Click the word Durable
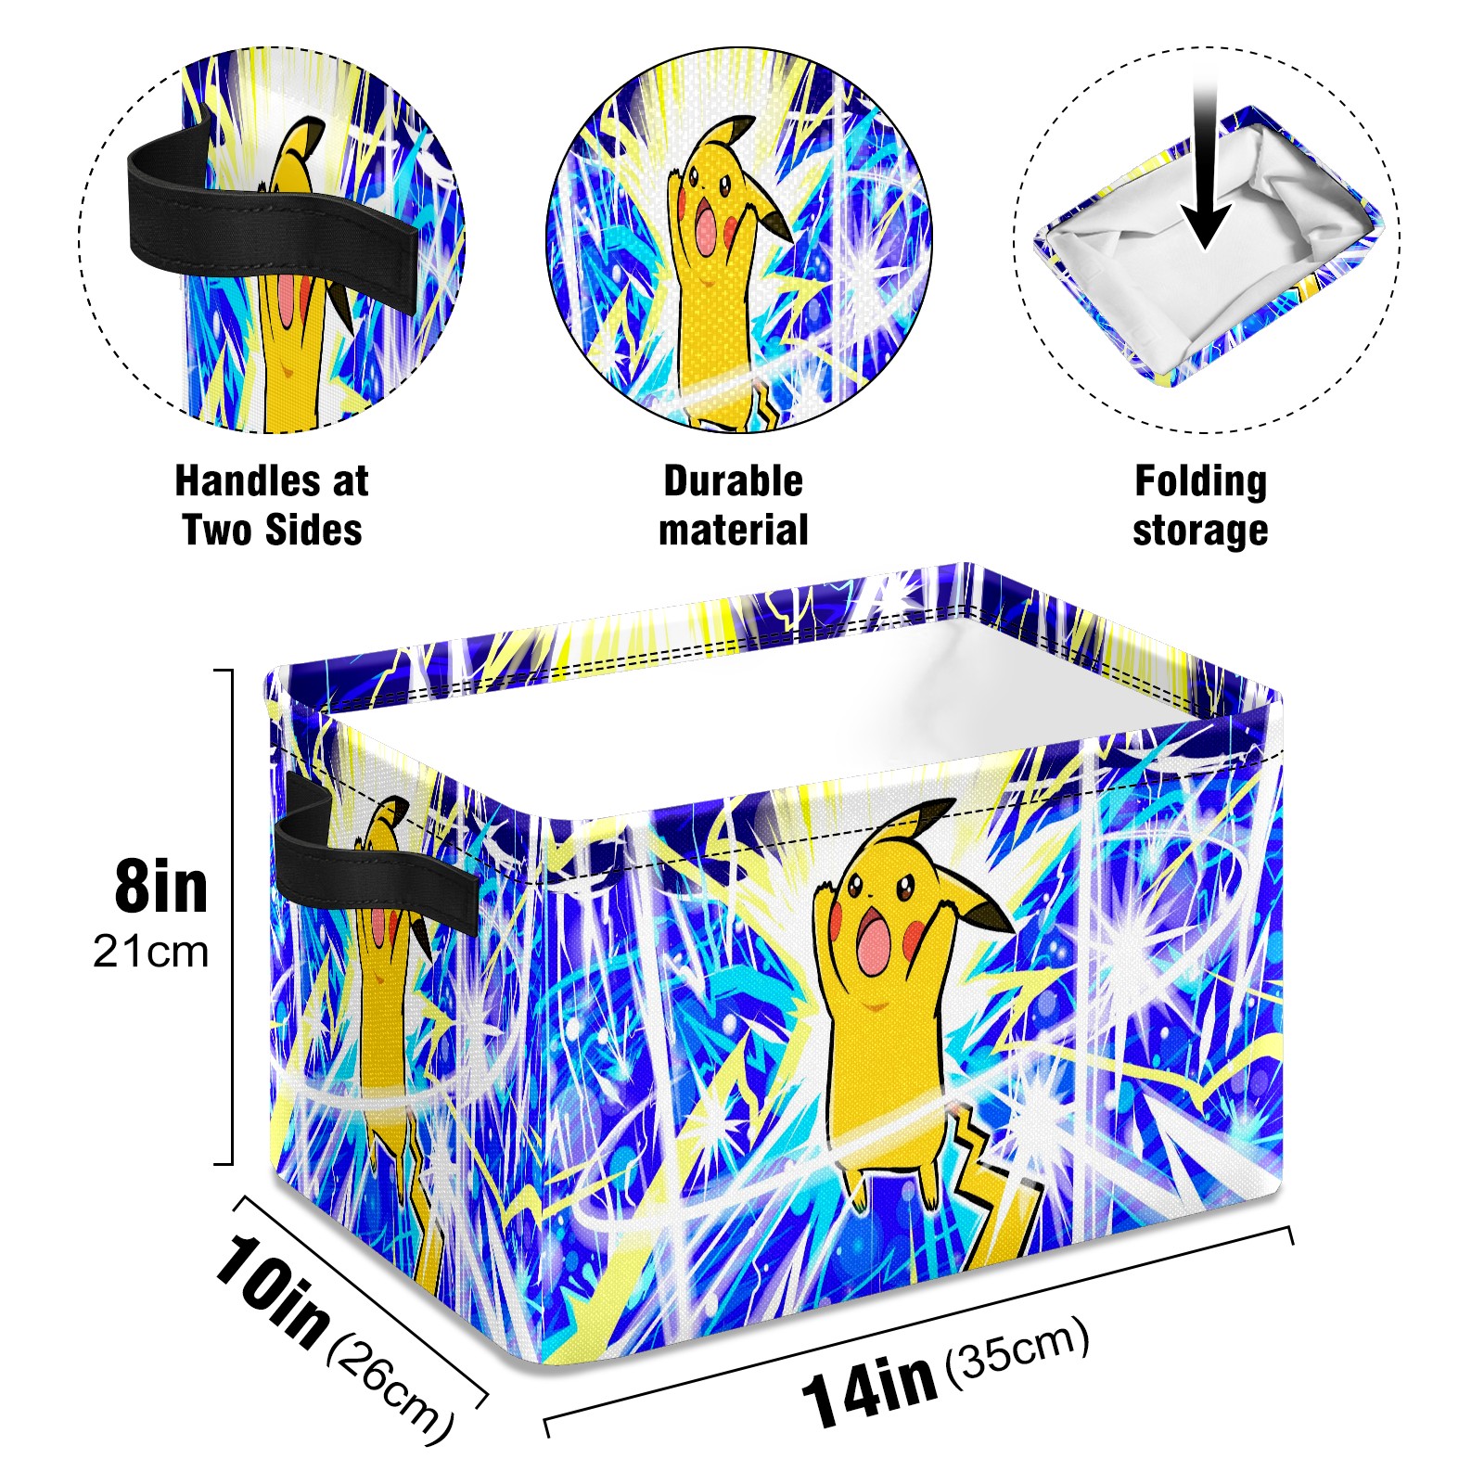coord(733,481)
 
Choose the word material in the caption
coord(733,531)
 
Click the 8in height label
coord(161,888)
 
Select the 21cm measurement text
coord(151,952)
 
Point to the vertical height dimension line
coord(231,916)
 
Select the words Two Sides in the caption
coord(272,531)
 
